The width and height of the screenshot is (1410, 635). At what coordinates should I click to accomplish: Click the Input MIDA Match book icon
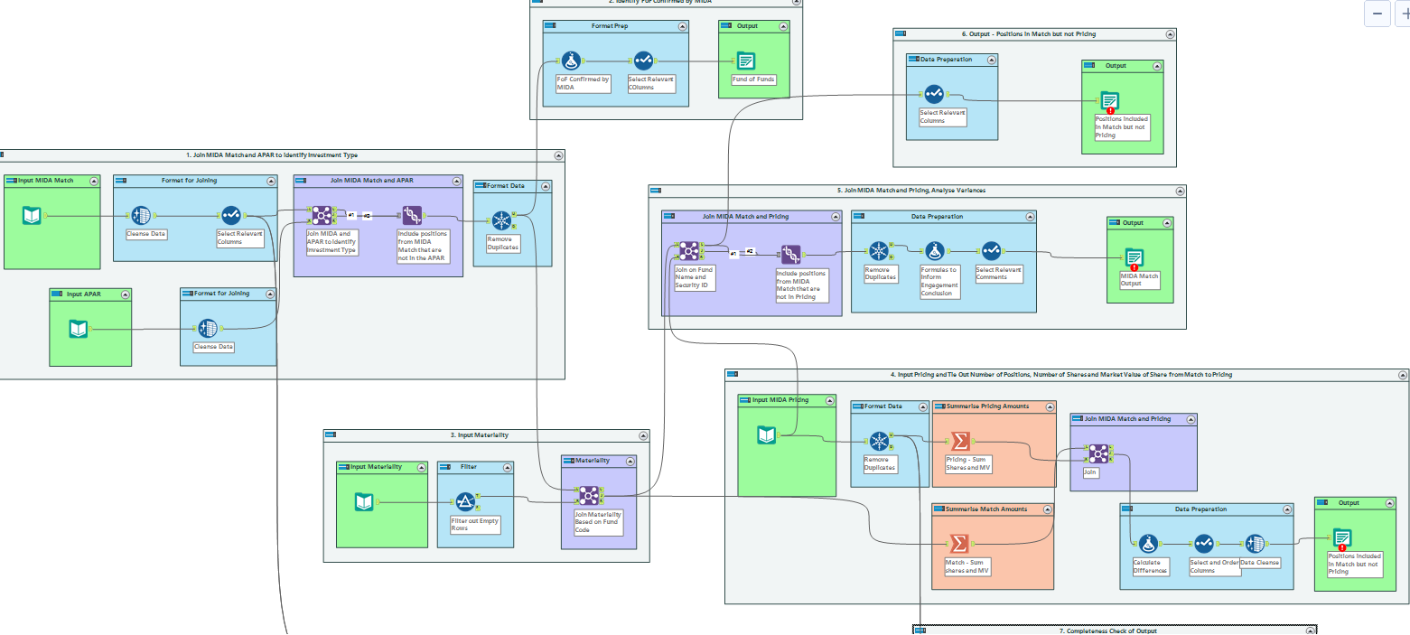pyautogui.click(x=32, y=215)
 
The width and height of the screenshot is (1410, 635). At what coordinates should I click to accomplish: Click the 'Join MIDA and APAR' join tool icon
pyautogui.click(x=322, y=215)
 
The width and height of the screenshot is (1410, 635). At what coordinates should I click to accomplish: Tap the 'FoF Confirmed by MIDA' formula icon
pyautogui.click(x=570, y=61)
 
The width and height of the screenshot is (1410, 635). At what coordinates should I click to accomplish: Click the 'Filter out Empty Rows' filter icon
pyautogui.click(x=464, y=502)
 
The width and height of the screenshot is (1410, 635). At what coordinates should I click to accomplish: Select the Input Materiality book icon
pyautogui.click(x=364, y=501)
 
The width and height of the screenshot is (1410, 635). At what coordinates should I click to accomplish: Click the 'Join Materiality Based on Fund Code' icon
pyautogui.click(x=588, y=495)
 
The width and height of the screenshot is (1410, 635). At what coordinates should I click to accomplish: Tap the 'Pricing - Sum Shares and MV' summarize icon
pyautogui.click(x=960, y=441)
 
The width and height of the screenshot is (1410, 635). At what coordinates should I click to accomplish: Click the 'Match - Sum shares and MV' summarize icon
pyautogui.click(x=959, y=544)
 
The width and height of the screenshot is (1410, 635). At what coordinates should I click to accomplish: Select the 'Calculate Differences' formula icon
pyautogui.click(x=1148, y=544)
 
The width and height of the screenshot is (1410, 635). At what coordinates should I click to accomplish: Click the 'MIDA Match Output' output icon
pyautogui.click(x=1135, y=257)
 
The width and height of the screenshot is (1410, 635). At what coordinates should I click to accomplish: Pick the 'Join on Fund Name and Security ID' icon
pyautogui.click(x=688, y=250)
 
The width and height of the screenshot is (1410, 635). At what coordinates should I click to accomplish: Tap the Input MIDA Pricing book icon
pyautogui.click(x=766, y=435)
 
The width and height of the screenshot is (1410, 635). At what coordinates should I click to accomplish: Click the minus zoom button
pyautogui.click(x=1377, y=14)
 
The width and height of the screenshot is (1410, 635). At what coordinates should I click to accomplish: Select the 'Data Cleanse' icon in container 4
pyautogui.click(x=1255, y=544)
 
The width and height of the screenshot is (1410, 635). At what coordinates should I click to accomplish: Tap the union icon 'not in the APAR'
pyautogui.click(x=412, y=215)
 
